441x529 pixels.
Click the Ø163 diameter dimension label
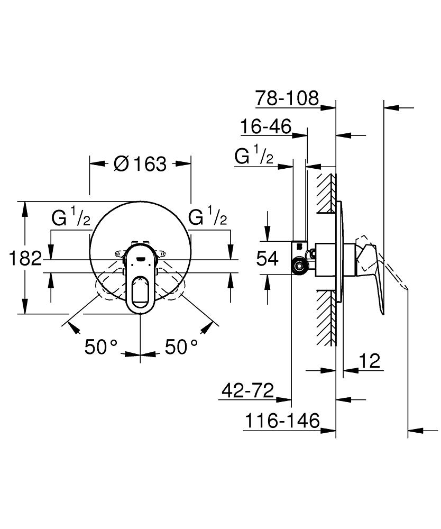[140, 164]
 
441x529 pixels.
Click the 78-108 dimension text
[287, 98]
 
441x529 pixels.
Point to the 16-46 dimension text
[273, 127]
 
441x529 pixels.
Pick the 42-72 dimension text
[247, 391]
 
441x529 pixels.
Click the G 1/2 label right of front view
[208, 217]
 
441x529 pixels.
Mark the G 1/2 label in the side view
[254, 157]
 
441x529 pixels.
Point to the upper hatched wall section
[327, 194]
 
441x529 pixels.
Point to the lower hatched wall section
[327, 317]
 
